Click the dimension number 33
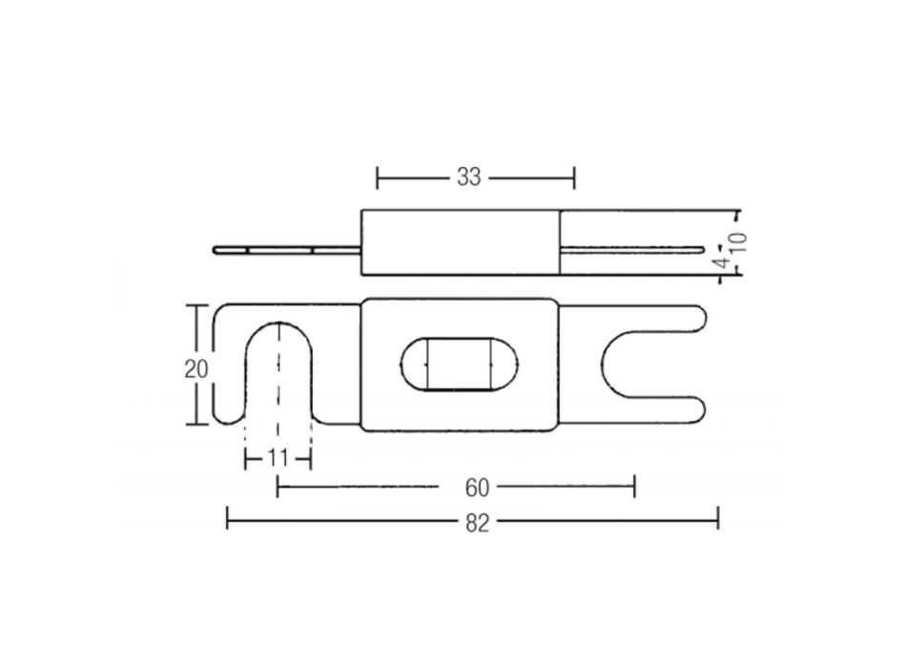(x=468, y=177)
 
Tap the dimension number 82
(x=478, y=521)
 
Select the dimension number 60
(x=478, y=489)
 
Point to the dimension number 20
(x=196, y=369)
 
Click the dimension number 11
(x=278, y=459)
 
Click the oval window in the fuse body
(x=458, y=364)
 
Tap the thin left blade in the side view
(x=286, y=251)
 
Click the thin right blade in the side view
(x=629, y=251)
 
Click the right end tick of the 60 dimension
(x=634, y=488)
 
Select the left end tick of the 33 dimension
(x=378, y=177)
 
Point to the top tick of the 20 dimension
(x=196, y=306)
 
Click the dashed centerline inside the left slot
(x=278, y=382)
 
